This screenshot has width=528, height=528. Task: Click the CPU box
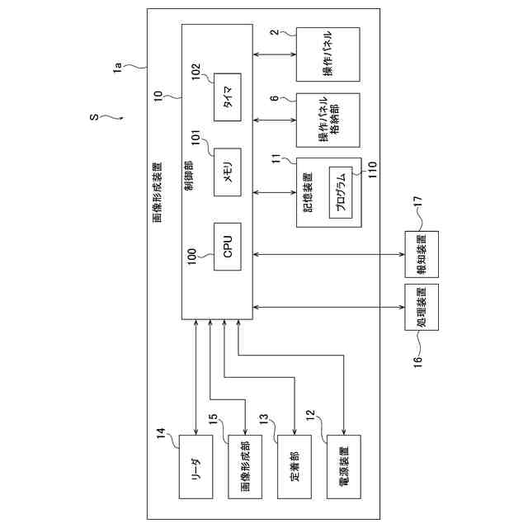click(x=228, y=246)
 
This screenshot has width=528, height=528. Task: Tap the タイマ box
click(x=228, y=97)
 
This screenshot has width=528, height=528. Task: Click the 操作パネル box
click(x=328, y=54)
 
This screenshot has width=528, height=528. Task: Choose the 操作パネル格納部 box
click(x=328, y=120)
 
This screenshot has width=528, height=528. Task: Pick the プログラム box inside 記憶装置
click(x=341, y=193)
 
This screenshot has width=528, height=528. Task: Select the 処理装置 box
click(x=422, y=308)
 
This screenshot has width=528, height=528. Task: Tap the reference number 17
click(x=417, y=201)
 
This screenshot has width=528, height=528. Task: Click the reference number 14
click(x=162, y=431)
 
